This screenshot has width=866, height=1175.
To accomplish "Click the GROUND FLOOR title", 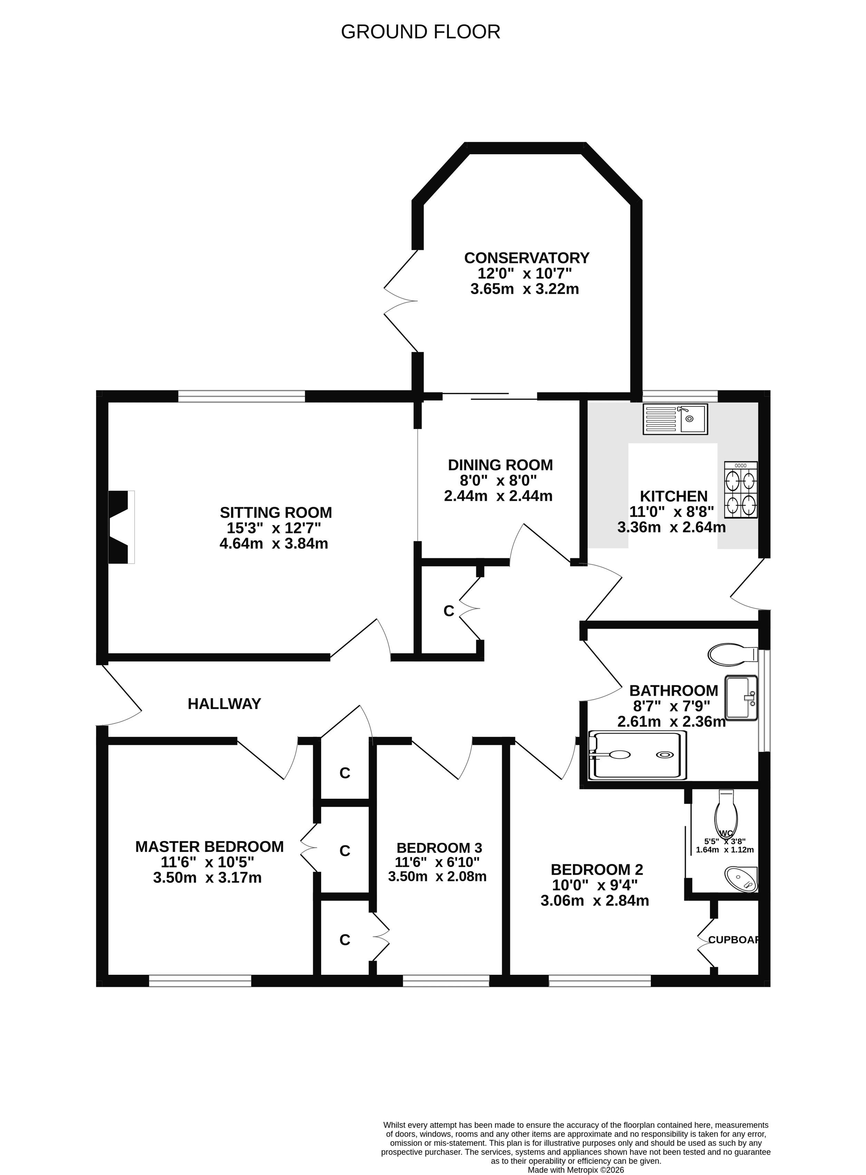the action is pos(421,32).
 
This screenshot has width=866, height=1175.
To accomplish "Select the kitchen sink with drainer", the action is pos(675,419).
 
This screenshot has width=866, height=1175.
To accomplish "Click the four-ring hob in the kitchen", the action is pos(741,490).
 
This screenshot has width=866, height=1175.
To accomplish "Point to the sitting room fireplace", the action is pos(121,527).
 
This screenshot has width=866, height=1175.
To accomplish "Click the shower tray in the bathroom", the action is pos(637,755).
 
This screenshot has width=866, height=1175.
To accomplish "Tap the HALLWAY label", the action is pos(224,704).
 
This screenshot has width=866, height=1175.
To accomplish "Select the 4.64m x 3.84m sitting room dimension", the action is pos(273,543).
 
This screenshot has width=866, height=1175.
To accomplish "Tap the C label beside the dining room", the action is pos(449,611).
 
